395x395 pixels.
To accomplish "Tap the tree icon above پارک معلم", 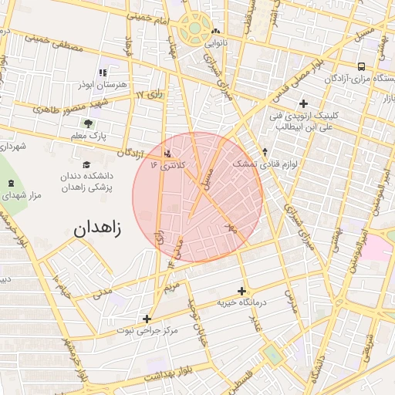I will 89,123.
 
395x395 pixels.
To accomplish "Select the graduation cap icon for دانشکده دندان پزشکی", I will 86,165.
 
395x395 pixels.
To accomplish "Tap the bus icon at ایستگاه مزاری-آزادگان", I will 362,66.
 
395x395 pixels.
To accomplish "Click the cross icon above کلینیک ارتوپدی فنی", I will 303,103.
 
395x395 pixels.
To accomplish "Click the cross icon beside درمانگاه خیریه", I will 242,291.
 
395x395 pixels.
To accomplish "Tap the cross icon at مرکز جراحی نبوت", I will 147,318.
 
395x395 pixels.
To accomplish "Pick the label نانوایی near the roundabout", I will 214,44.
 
